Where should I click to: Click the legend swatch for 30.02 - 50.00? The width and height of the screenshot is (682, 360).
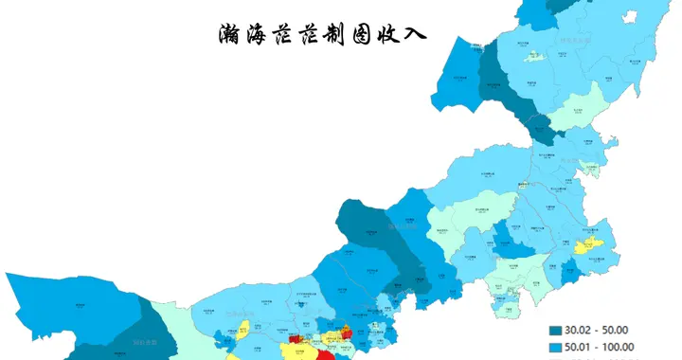point(557,331)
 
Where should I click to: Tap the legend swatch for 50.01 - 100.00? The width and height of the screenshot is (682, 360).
point(557,349)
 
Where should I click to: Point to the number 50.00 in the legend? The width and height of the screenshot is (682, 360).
point(619,331)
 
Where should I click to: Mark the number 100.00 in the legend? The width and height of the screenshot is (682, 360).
point(620,349)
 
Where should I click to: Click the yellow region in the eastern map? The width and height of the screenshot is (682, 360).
point(588,245)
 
